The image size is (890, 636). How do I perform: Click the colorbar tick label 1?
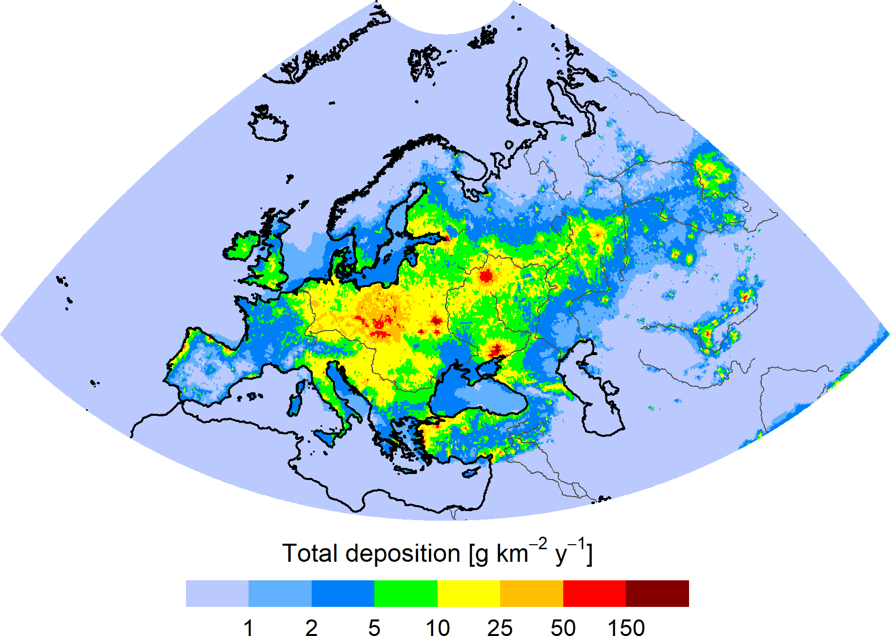[x=249, y=628]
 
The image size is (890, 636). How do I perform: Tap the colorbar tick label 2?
[x=311, y=628]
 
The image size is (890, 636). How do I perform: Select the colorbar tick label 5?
[x=374, y=628]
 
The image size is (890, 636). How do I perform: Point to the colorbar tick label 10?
[x=437, y=628]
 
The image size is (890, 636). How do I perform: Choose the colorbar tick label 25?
[x=500, y=628]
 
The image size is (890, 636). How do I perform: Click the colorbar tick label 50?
[x=563, y=628]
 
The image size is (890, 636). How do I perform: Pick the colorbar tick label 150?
[x=626, y=628]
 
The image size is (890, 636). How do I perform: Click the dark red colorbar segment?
[x=657, y=593]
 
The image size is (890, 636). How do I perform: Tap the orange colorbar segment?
[x=532, y=593]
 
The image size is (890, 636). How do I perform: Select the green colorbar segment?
[x=406, y=593]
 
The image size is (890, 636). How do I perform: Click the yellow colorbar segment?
[x=469, y=593]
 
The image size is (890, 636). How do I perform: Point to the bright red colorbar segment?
[x=595, y=593]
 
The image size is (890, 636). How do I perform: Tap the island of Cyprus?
[x=472, y=472]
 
